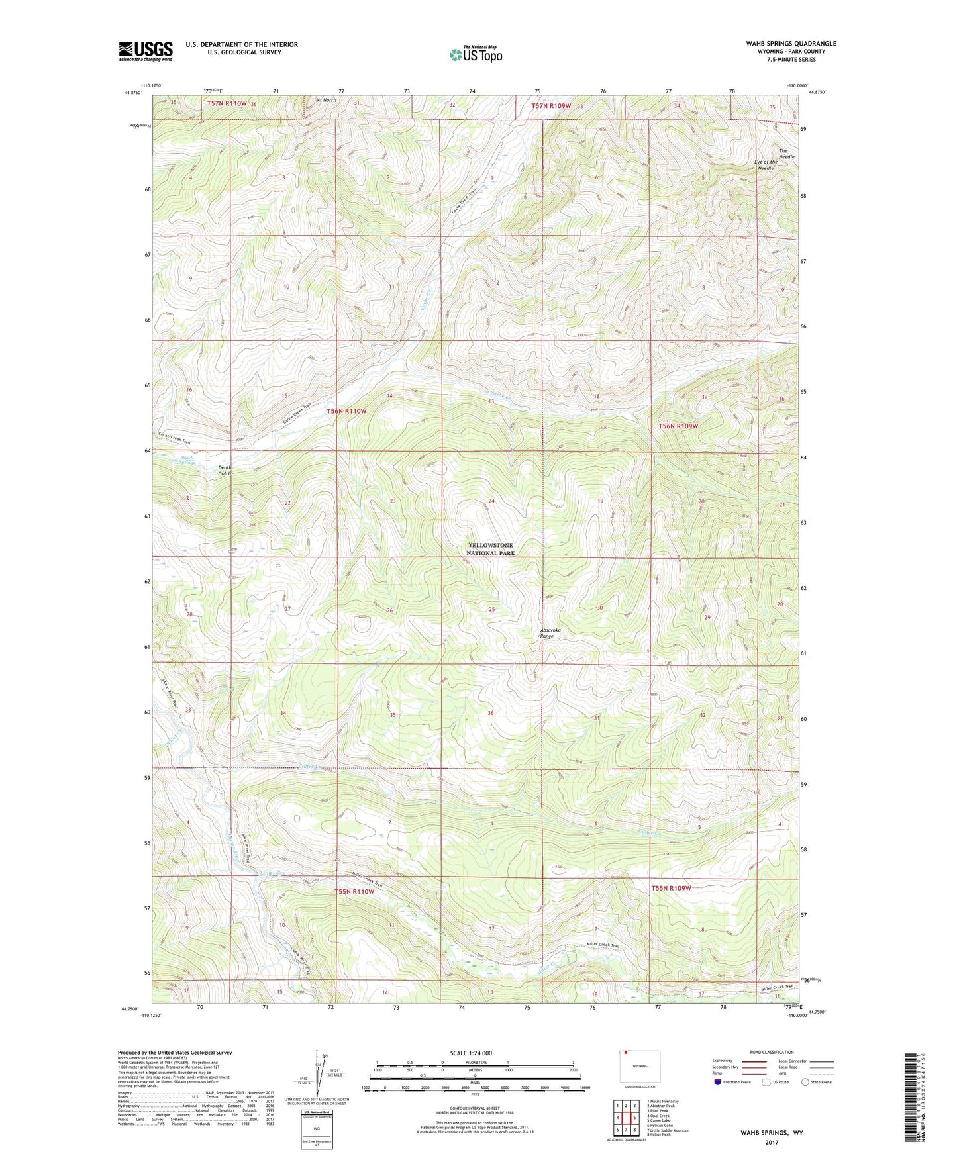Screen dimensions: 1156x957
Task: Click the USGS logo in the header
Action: tap(146, 50)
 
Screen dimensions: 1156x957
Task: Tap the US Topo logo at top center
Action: tap(475, 54)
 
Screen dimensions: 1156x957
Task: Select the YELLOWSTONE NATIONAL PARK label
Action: tap(490, 549)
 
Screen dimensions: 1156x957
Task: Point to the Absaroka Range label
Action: tap(550, 633)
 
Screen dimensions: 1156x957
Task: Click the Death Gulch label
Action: tap(225, 471)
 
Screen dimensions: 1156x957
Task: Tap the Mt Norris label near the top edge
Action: tap(327, 100)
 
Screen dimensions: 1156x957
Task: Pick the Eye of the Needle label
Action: tap(766, 165)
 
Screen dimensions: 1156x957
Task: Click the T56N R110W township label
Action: tap(346, 411)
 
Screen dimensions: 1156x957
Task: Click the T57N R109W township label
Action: tap(550, 105)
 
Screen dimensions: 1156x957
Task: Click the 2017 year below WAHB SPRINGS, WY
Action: tap(772, 1142)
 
